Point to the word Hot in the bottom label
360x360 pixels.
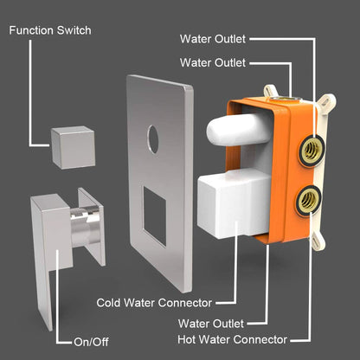point(190,338)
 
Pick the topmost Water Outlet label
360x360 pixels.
point(213,39)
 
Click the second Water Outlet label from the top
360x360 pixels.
point(213,62)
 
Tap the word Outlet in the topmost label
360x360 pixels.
point(231,39)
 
